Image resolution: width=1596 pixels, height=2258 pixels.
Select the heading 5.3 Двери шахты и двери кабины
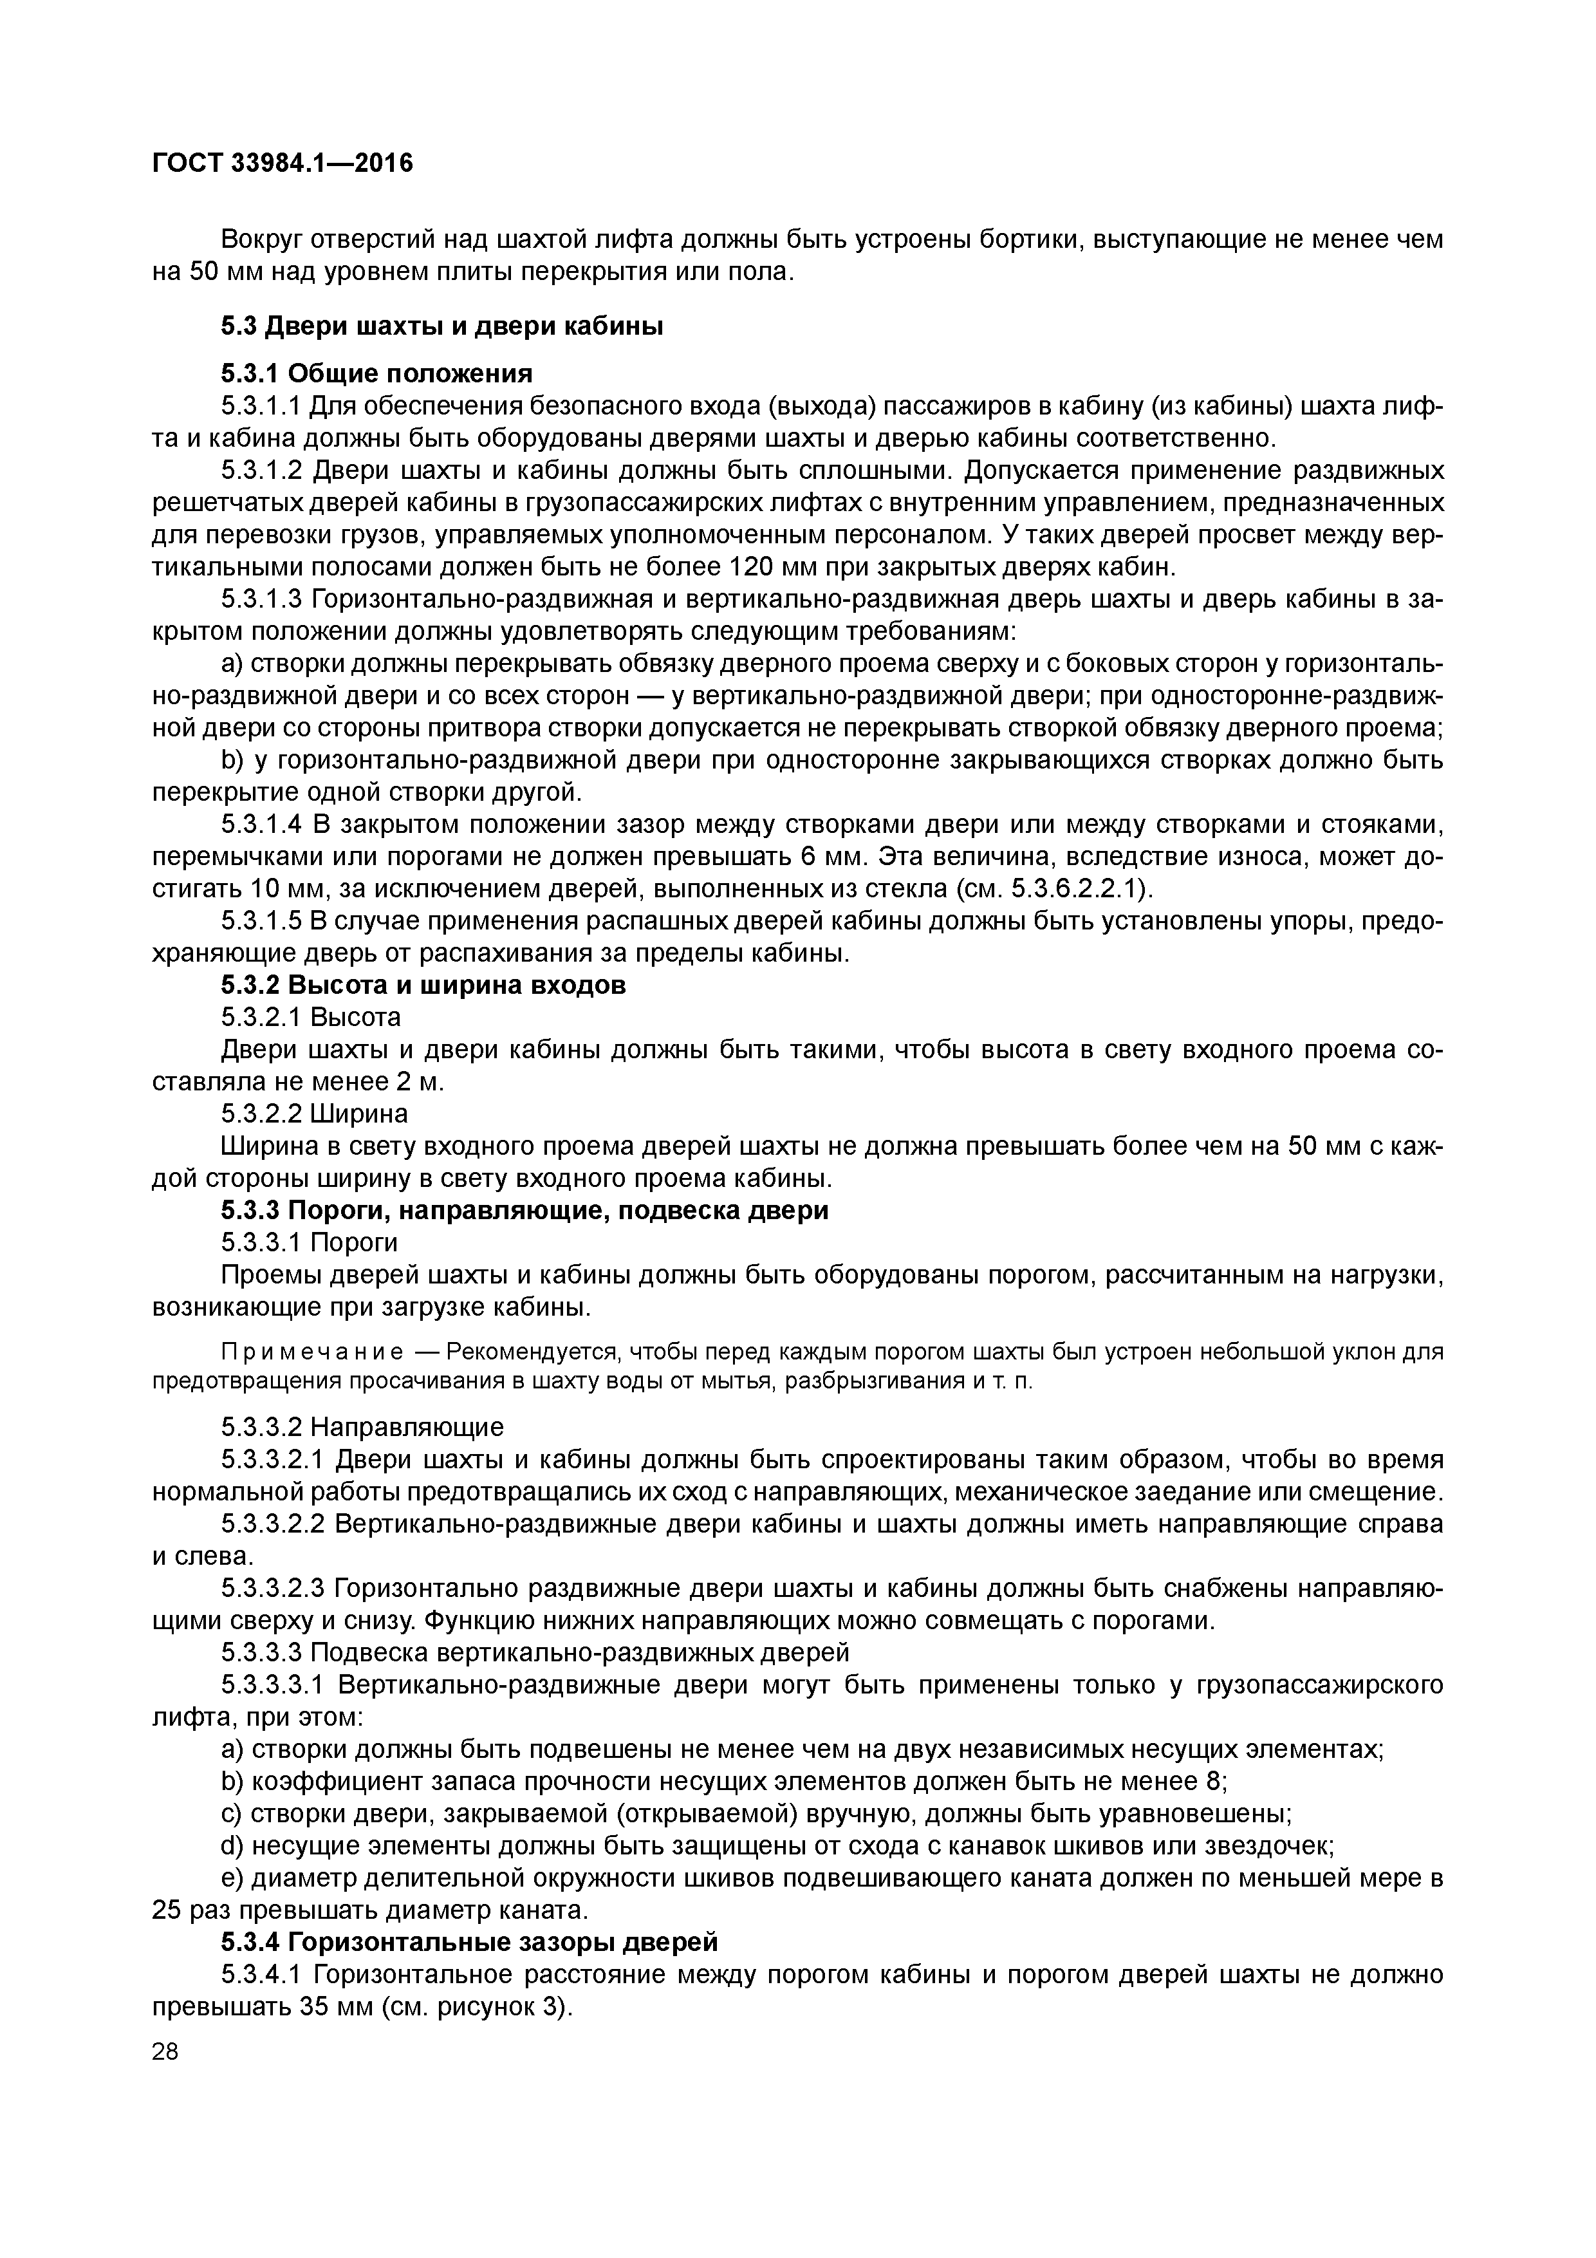(441, 326)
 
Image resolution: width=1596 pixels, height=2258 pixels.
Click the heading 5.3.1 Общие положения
(376, 374)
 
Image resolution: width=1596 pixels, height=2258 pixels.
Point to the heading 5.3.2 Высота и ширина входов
(423, 985)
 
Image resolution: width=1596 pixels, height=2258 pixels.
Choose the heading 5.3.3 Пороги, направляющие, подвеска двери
(524, 1211)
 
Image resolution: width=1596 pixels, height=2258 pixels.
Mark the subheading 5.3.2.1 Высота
(311, 1017)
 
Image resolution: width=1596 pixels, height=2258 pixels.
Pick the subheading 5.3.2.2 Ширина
(315, 1114)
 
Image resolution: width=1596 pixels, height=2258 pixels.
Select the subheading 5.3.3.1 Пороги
(310, 1243)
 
